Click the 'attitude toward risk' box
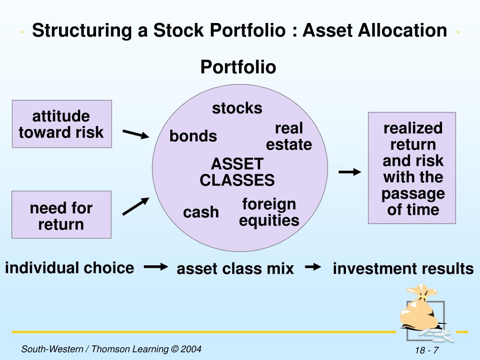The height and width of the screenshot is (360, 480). point(61,124)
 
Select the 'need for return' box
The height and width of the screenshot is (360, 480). point(61,215)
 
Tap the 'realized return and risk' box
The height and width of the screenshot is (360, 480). point(412,168)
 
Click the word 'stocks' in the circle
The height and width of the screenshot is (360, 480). point(237,108)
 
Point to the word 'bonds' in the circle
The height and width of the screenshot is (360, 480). point(193,136)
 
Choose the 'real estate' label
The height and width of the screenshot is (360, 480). point(289,136)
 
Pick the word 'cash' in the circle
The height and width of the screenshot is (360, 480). point(201,212)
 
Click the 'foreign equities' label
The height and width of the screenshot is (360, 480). point(269,212)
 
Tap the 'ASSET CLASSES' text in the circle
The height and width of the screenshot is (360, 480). point(237,172)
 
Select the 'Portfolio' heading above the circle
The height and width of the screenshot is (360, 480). point(238,67)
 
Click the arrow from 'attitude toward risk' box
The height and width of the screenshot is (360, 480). point(135,135)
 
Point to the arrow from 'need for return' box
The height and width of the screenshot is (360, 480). point(135,206)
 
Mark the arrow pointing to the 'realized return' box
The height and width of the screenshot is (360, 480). point(350,172)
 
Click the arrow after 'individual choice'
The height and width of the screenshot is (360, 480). point(156,267)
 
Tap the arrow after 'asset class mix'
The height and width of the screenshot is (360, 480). point(313,267)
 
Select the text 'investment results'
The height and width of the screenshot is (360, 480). point(403,269)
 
